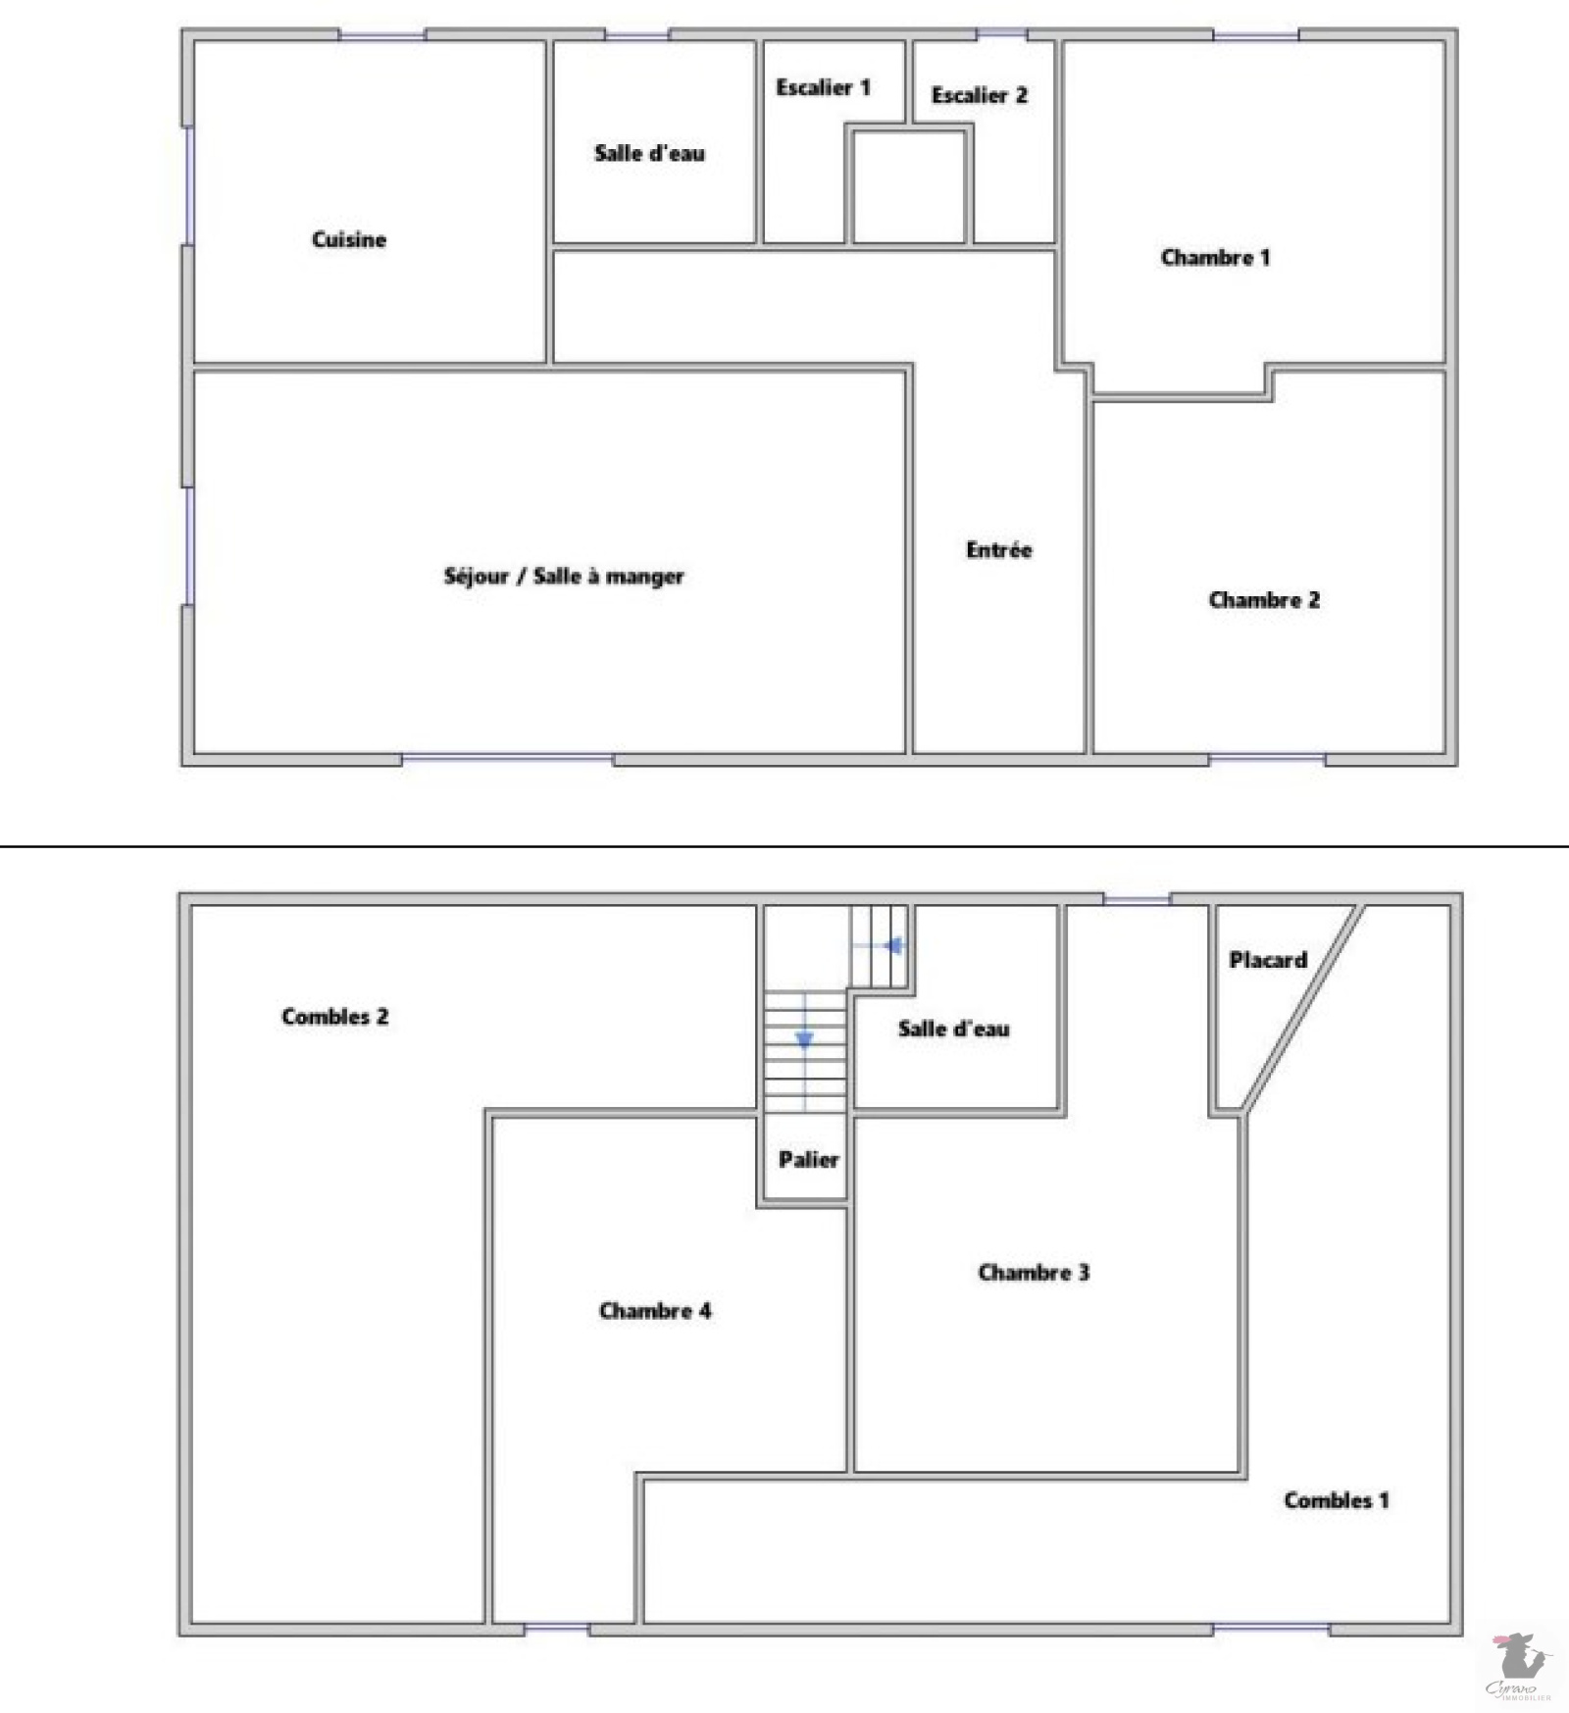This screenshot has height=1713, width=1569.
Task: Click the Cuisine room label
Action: (x=349, y=239)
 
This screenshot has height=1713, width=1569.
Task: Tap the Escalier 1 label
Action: (x=823, y=87)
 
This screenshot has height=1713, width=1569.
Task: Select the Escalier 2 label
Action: (x=979, y=95)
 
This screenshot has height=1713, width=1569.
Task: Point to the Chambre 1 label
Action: (x=1215, y=257)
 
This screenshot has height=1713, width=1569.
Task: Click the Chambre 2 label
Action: (x=1264, y=599)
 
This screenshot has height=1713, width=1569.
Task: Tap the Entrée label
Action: (x=998, y=549)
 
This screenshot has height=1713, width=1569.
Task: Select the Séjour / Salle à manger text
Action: (x=564, y=576)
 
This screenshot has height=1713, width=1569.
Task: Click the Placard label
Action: (x=1268, y=960)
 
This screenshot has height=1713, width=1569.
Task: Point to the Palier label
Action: (x=808, y=1159)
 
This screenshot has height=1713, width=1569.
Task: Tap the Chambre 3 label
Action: (x=1034, y=1272)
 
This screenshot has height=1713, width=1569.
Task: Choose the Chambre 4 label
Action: (x=655, y=1310)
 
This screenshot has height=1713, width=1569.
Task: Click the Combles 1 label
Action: (x=1337, y=1499)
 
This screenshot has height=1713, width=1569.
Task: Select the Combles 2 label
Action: (x=334, y=1016)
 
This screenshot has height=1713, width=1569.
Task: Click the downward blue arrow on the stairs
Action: (x=804, y=1039)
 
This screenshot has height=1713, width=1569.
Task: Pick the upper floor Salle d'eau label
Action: (x=953, y=1029)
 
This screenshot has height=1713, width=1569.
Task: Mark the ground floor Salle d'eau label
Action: (x=649, y=153)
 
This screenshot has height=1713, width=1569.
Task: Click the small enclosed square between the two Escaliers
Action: (x=909, y=186)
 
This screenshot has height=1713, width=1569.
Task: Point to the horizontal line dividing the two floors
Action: (x=784, y=845)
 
